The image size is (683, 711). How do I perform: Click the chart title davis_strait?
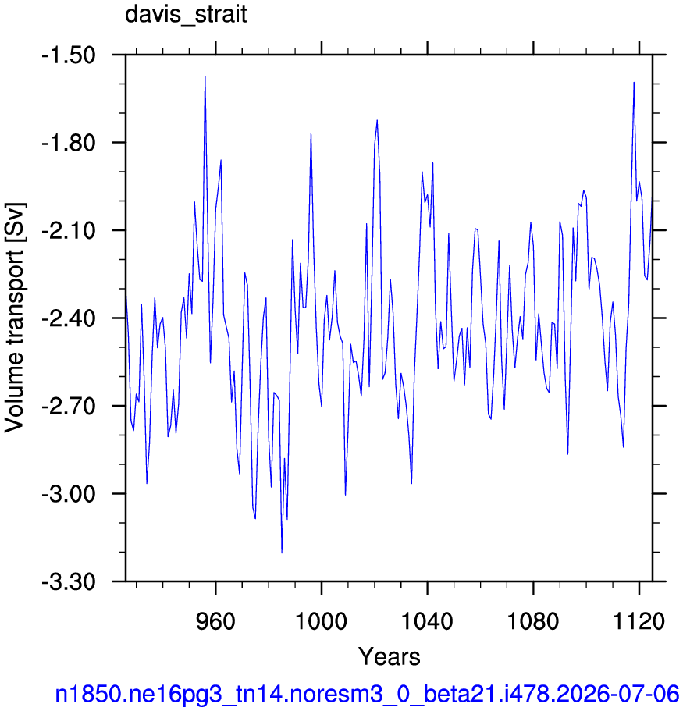pos(186,14)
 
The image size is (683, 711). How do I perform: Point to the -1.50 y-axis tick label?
pos(69,55)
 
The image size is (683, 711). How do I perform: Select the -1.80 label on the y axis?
pos(69,143)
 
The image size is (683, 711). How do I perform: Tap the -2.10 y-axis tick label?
pos(69,231)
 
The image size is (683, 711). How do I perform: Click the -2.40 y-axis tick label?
pos(69,318)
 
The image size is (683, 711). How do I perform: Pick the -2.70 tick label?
pos(69,407)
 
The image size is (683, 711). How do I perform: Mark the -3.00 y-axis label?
pos(69,494)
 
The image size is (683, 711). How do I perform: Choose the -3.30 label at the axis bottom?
pos(69,581)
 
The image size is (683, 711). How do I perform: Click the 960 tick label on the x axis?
pos(215,620)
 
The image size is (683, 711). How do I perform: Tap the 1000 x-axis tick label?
pos(321,620)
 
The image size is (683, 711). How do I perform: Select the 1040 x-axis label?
pos(427,620)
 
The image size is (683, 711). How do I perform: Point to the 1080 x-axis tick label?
pos(533,620)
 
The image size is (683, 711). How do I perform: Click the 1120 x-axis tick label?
pos(639,620)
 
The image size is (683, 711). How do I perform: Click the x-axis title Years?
pos(390,656)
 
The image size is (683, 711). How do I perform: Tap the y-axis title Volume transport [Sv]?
pos(15,318)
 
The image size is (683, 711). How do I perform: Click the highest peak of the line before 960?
pos(205,76)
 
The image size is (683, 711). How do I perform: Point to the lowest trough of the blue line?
pos(282,553)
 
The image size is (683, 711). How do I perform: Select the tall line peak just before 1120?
pos(634,82)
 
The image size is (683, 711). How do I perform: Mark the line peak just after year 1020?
pos(377,120)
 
